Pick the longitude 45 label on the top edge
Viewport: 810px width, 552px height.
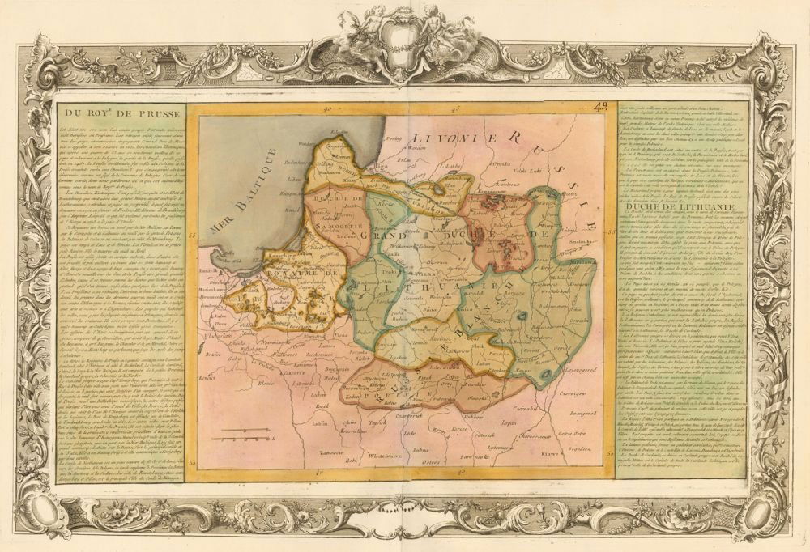456,108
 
